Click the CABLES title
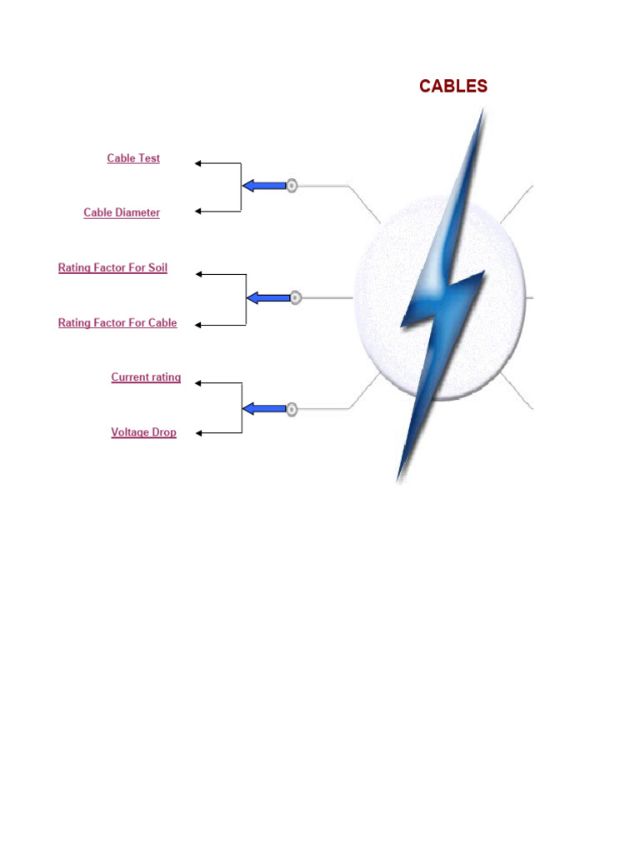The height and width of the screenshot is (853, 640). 453,87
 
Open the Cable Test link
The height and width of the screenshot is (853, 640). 133,158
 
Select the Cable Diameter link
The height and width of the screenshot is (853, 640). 122,212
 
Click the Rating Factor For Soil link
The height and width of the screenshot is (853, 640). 112,268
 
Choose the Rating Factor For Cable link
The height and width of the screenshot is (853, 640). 117,323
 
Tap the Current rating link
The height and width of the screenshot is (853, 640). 146,377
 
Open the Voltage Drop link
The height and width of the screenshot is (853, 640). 143,432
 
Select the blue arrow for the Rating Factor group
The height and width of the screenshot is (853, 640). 267,297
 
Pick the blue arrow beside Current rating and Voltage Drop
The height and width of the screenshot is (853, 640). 264,409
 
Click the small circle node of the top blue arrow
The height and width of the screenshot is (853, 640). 292,186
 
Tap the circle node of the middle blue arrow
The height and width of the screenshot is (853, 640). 295,297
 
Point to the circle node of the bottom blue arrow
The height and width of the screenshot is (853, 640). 292,409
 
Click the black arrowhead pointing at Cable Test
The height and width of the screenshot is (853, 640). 198,163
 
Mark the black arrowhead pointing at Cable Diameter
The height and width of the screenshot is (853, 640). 198,212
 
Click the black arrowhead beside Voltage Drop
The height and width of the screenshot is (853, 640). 198,433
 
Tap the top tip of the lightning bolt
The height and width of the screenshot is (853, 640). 482,111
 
